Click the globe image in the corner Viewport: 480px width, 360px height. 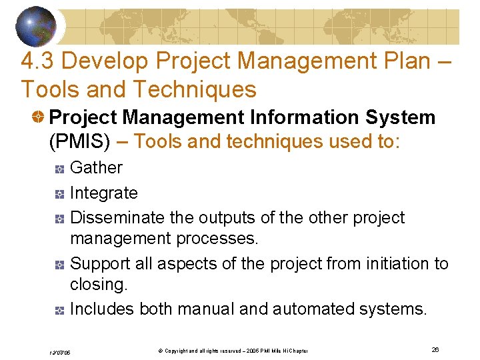[x=37, y=25]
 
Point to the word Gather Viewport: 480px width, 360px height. [x=97, y=167]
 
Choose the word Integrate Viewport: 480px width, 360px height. [x=104, y=193]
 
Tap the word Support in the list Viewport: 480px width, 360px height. [x=100, y=264]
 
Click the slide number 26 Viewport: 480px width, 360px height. [x=435, y=349]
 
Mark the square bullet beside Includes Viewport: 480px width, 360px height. [x=59, y=311]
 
